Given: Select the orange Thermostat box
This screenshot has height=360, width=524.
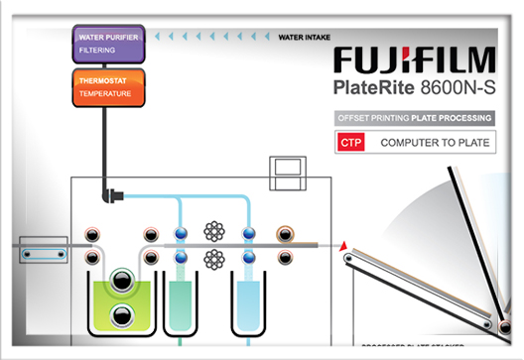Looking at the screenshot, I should tap(109, 85).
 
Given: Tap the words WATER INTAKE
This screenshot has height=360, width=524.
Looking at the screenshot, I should tap(304, 39).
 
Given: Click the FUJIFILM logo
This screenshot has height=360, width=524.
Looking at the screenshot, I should tap(416, 59).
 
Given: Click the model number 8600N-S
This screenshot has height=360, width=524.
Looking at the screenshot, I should tap(460, 86).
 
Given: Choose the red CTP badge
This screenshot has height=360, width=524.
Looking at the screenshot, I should tap(351, 144).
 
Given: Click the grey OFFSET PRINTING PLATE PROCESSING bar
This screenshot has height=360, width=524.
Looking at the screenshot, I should tap(415, 118).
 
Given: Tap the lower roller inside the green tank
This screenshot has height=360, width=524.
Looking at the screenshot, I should tap(120, 316).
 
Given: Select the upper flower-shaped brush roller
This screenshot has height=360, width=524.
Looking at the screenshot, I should tap(213, 231).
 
